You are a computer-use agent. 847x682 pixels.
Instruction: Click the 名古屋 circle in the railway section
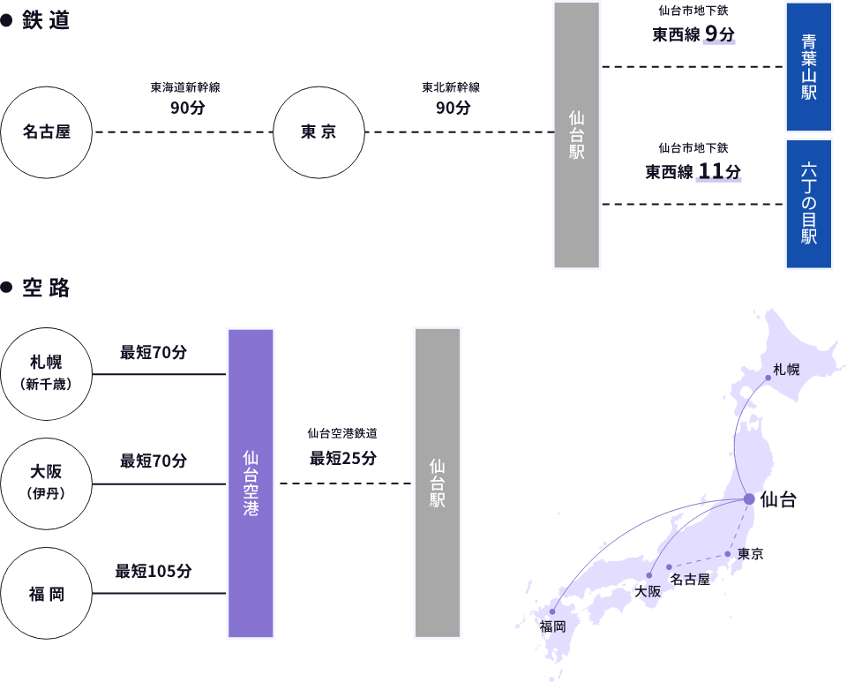(x=47, y=132)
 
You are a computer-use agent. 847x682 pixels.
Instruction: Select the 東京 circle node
(x=319, y=132)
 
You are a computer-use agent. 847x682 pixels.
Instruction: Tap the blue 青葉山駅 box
(x=809, y=67)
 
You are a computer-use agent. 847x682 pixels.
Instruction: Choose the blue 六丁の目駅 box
(x=809, y=203)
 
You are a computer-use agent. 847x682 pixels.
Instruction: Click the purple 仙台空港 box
(x=251, y=483)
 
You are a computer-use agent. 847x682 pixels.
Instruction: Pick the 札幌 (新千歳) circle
(x=47, y=373)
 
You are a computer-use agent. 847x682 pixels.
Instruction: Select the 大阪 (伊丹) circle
(x=47, y=483)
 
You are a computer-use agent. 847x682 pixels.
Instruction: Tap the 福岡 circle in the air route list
(x=47, y=593)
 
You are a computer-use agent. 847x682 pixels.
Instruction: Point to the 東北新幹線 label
(x=451, y=88)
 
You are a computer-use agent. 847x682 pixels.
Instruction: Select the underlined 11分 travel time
(x=718, y=171)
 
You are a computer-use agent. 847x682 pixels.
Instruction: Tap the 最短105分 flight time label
(x=154, y=571)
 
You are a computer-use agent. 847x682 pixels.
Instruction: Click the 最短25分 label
(x=343, y=458)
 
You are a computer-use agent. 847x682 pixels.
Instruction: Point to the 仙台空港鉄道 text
(x=342, y=433)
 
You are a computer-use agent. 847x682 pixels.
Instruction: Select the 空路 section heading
(x=46, y=288)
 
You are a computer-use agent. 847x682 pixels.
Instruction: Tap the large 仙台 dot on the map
(x=749, y=499)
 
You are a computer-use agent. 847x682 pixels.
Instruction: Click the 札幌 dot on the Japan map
(x=768, y=378)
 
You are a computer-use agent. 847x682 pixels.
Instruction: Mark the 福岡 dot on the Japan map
(x=553, y=611)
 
